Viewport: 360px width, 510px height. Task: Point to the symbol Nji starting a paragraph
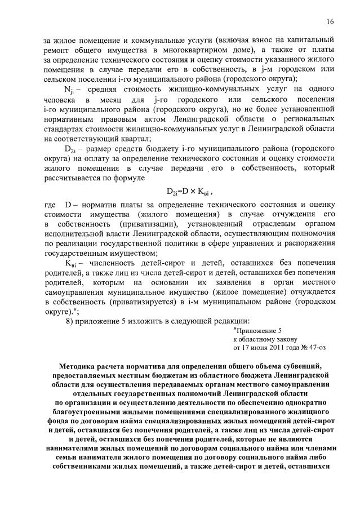(71, 89)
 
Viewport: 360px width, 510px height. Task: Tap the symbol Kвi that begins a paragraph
(72, 263)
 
